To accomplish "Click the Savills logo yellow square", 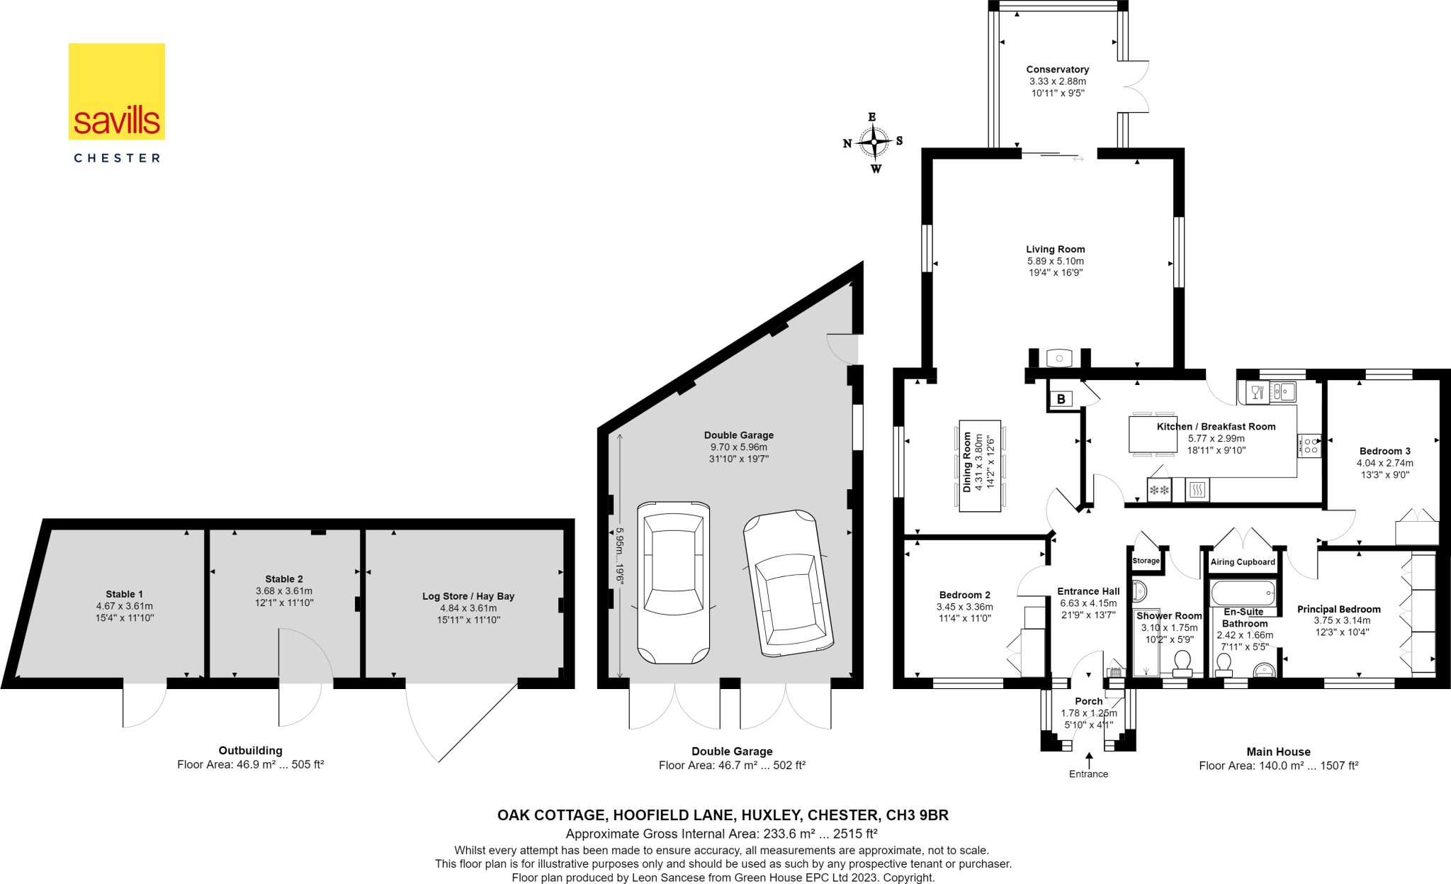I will click(117, 91).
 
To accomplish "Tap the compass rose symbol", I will click(874, 142).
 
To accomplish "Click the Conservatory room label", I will click(1057, 69).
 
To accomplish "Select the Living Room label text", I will click(1055, 250).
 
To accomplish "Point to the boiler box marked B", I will click(1061, 399).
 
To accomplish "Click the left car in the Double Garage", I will click(673, 582).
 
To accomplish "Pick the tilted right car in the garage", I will click(788, 583).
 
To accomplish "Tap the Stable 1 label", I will click(124, 594).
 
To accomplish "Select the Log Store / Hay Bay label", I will click(468, 596).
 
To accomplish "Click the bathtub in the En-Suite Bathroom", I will click(1243, 593).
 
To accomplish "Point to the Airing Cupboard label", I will click(1243, 562).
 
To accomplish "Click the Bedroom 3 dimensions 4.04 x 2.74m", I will click(1384, 463).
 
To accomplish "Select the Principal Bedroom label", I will click(1338, 609).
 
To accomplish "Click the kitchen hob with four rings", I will click(1310, 446).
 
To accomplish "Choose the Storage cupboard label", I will click(1146, 561).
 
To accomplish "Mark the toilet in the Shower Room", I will click(1182, 664).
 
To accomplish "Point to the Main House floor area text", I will click(1278, 766).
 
